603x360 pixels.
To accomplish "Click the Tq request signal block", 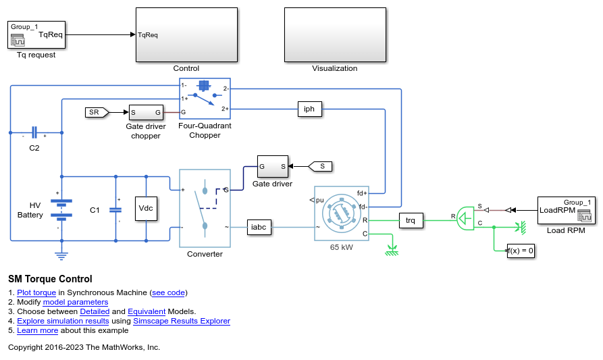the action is click(x=36, y=34).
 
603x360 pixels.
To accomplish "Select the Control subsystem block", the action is click(x=186, y=34).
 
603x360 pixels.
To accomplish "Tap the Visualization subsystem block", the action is click(x=335, y=34).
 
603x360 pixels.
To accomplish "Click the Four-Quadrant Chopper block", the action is click(x=205, y=99).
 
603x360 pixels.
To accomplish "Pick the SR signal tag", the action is click(x=97, y=112).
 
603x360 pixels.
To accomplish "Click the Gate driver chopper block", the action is click(x=146, y=112).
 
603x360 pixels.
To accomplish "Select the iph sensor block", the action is click(x=309, y=109).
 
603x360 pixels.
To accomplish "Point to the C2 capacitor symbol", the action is click(x=34, y=132).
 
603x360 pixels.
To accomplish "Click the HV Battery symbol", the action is click(x=61, y=210).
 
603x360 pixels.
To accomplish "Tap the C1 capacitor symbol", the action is click(x=115, y=210).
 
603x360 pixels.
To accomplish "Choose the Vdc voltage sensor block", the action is click(x=146, y=209).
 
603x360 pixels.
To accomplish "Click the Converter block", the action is click(x=205, y=208).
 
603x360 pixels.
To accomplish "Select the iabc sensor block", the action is click(x=259, y=228).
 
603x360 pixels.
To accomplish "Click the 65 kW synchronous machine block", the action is click(x=342, y=213).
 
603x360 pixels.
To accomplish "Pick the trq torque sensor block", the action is click(x=411, y=220).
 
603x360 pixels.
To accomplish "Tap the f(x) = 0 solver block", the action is click(x=521, y=251).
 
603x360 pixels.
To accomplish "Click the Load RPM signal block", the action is click(x=566, y=210).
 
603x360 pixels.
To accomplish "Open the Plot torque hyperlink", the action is click(x=36, y=292).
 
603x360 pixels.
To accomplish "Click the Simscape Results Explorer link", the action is click(x=182, y=321).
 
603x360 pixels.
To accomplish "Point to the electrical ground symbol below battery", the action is click(x=61, y=256).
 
